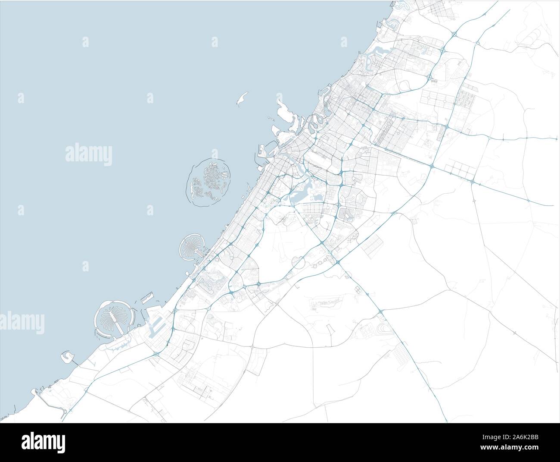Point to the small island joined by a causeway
[x=67, y=355]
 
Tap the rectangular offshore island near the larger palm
[x=146, y=297]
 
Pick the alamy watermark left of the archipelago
[x=88, y=154]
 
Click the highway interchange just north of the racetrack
[x=380, y=311]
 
